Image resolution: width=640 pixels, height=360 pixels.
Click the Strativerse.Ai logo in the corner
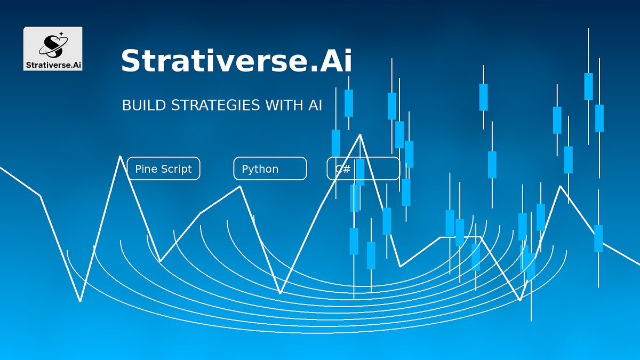pyautogui.click(x=53, y=49)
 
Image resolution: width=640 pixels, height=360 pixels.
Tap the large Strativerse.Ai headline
pyautogui.click(x=236, y=61)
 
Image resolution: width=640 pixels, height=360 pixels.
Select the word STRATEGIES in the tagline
pyautogui.click(x=215, y=105)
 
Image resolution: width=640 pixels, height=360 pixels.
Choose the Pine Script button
pyautogui.click(x=163, y=169)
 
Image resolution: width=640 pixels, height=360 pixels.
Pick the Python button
pyautogui.click(x=270, y=169)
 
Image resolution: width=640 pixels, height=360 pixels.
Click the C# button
pyautogui.click(x=363, y=169)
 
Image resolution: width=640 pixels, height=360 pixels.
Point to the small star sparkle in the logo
pyautogui.click(x=61, y=34)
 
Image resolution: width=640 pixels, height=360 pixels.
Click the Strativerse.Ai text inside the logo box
pyautogui.click(x=53, y=65)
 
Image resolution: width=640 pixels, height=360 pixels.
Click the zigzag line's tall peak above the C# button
pyautogui.click(x=360, y=134)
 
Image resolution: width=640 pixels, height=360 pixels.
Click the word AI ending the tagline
pyautogui.click(x=315, y=105)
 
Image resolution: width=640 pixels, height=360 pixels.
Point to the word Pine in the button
pyautogui.click(x=145, y=169)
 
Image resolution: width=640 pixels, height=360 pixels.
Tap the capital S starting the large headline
pyautogui.click(x=130, y=61)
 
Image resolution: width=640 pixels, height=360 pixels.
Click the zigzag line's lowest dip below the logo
pyautogui.click(x=81, y=301)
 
